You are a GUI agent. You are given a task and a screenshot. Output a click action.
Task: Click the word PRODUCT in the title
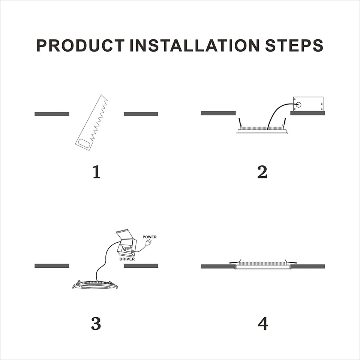coord(80,45)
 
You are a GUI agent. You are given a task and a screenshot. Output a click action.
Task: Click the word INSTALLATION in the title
coord(195,45)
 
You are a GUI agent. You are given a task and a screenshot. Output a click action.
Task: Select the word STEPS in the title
coord(294,45)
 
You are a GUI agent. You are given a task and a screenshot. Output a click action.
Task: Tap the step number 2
coord(262,172)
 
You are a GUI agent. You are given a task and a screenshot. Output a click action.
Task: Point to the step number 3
coord(96,323)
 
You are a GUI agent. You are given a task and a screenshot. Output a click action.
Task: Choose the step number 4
coord(263,323)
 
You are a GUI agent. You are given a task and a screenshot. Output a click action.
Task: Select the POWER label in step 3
coord(150,237)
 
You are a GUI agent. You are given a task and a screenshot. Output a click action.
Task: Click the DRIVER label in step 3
coord(127,259)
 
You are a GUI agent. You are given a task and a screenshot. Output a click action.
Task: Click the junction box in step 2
coord(308,103)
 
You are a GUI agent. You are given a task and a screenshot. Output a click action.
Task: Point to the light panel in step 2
coord(262,130)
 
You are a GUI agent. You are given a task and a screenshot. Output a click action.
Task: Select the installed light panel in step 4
coord(263,266)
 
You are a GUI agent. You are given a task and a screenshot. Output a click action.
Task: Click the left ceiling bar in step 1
coord(52,114)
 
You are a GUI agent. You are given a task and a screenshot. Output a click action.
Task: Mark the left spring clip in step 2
coord(240,122)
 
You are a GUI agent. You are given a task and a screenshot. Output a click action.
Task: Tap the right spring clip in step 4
coord(291,262)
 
